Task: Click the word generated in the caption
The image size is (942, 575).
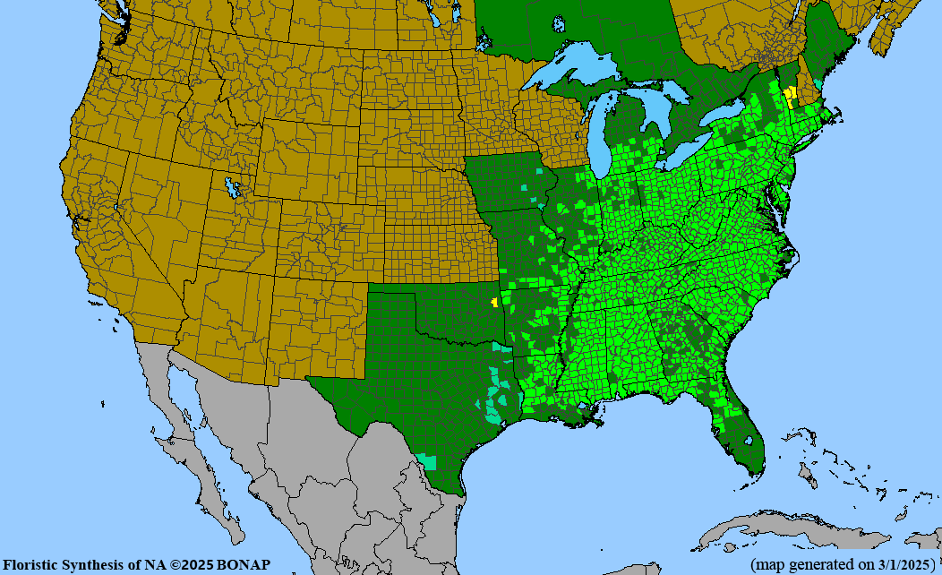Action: [819, 564]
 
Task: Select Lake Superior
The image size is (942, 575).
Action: [573, 67]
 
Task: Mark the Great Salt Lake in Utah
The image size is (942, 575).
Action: [234, 187]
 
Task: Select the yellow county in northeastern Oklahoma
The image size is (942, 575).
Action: [494, 302]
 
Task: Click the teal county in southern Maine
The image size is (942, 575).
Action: [818, 84]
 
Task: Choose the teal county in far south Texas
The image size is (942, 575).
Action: [427, 462]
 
